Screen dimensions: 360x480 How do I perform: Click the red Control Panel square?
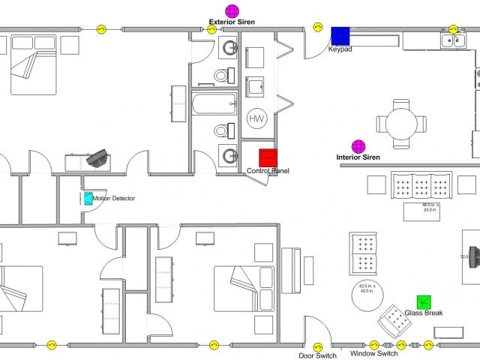pyautogui.click(x=268, y=157)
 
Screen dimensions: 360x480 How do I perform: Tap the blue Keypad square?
pyautogui.click(x=341, y=35)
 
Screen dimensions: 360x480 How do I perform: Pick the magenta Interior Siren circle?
pyautogui.click(x=358, y=145)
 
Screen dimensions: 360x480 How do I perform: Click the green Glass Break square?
pyautogui.click(x=425, y=301)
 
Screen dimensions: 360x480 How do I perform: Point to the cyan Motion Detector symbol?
pyautogui.click(x=88, y=199)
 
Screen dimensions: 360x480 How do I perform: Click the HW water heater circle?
pyautogui.click(x=257, y=118)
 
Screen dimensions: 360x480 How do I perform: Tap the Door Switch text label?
pyautogui.click(x=317, y=355)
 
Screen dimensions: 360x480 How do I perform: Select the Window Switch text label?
pyautogui.click(x=373, y=353)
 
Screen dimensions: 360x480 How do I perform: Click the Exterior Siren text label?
pyautogui.click(x=232, y=22)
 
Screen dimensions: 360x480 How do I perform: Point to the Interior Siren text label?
pyautogui.click(x=358, y=157)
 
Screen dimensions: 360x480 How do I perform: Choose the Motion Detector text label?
pyautogui.click(x=114, y=199)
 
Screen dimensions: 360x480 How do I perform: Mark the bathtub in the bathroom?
pyautogui.click(x=214, y=103)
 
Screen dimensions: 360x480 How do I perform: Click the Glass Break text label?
pyautogui.click(x=424, y=313)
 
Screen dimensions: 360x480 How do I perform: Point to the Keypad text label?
pyautogui.click(x=340, y=49)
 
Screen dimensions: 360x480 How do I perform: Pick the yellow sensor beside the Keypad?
pyautogui.click(x=317, y=29)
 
